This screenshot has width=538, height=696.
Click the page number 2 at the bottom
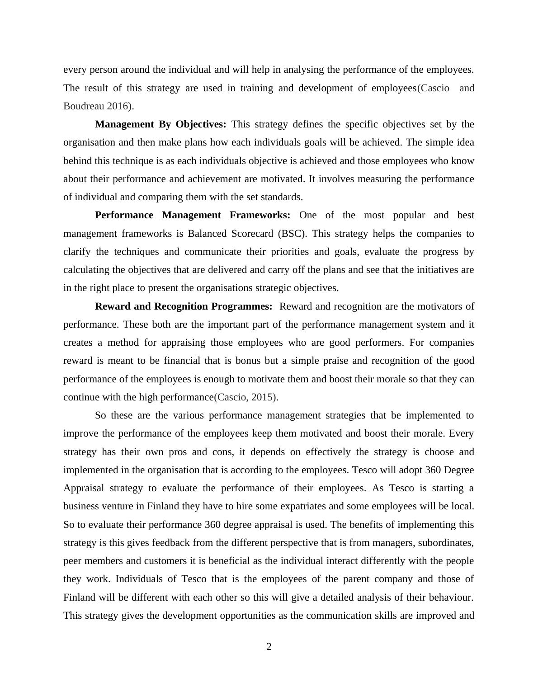[269, 647]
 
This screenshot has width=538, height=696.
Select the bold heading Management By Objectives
[160, 124]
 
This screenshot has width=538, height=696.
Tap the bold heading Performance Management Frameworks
[193, 215]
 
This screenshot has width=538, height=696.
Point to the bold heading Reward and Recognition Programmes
[184, 306]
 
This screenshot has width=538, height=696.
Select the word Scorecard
[252, 234]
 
